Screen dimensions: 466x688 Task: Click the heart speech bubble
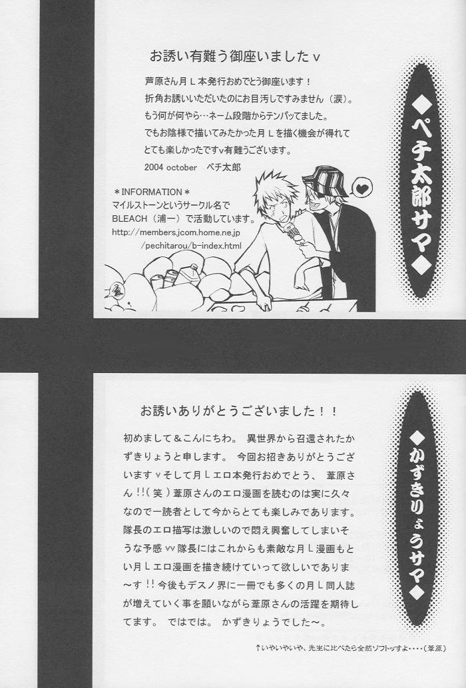click(x=362, y=189)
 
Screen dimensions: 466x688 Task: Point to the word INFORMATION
click(x=151, y=192)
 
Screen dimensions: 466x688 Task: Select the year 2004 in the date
click(x=153, y=167)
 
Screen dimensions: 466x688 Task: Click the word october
click(x=182, y=167)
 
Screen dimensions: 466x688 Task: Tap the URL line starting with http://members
click(x=176, y=232)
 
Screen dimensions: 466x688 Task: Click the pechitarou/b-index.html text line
click(x=190, y=245)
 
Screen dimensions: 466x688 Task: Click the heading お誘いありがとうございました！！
click(x=239, y=411)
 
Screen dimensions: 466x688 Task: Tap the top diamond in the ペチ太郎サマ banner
click(x=420, y=107)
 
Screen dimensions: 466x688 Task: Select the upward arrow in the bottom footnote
click(x=259, y=647)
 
